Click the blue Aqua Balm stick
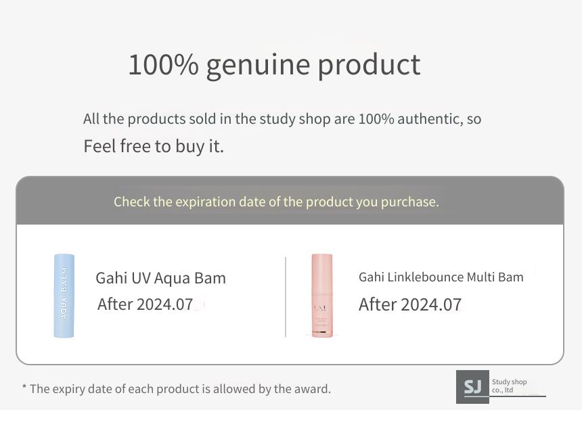point(64,296)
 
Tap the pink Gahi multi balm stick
point(322,296)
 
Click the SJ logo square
point(472,386)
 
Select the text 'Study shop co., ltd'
point(509,386)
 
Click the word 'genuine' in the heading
point(258,66)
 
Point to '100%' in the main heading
point(163,64)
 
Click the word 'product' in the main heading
point(369,66)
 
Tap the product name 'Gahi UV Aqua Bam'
point(160,278)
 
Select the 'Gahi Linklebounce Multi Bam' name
point(441,277)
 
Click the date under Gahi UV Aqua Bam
point(145,304)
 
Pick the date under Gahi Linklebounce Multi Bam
point(410,304)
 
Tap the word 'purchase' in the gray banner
point(410,202)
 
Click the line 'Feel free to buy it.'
point(154,146)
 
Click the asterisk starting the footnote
point(24,387)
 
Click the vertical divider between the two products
point(286,297)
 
